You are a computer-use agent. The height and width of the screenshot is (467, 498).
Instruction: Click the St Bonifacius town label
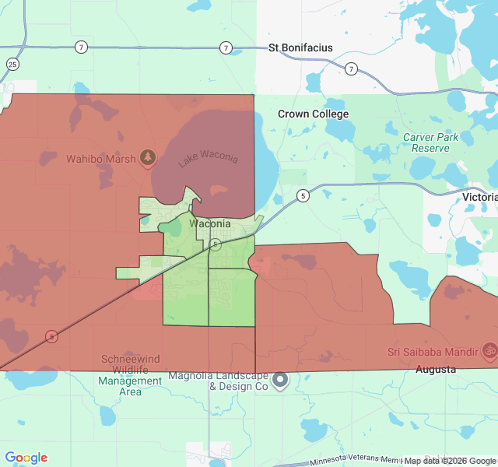300,47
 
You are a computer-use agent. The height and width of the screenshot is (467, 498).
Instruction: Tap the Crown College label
314,114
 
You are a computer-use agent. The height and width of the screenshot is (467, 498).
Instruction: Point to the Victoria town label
479,197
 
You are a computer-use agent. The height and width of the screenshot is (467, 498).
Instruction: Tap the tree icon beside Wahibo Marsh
147,159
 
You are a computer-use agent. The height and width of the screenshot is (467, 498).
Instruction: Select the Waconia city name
210,224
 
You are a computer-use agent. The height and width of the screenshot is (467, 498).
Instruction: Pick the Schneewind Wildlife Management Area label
131,375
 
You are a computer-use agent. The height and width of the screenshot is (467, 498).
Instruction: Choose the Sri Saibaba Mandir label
432,351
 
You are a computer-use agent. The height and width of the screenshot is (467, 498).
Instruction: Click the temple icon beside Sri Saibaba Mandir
489,351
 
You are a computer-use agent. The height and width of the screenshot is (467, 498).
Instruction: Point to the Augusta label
436,370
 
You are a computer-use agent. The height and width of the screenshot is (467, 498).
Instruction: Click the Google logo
26,458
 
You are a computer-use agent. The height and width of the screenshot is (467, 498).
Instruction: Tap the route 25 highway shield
12,64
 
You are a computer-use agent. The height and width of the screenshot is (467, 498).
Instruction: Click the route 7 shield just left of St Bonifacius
226,48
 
